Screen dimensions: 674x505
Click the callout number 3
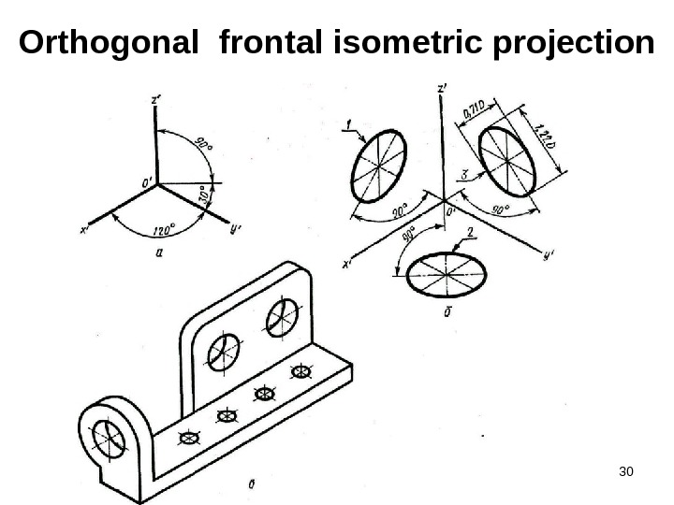(x=465, y=173)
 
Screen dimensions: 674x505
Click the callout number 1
(x=349, y=122)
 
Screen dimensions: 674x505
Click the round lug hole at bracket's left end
(x=109, y=437)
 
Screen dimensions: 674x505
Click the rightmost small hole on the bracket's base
(x=300, y=373)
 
